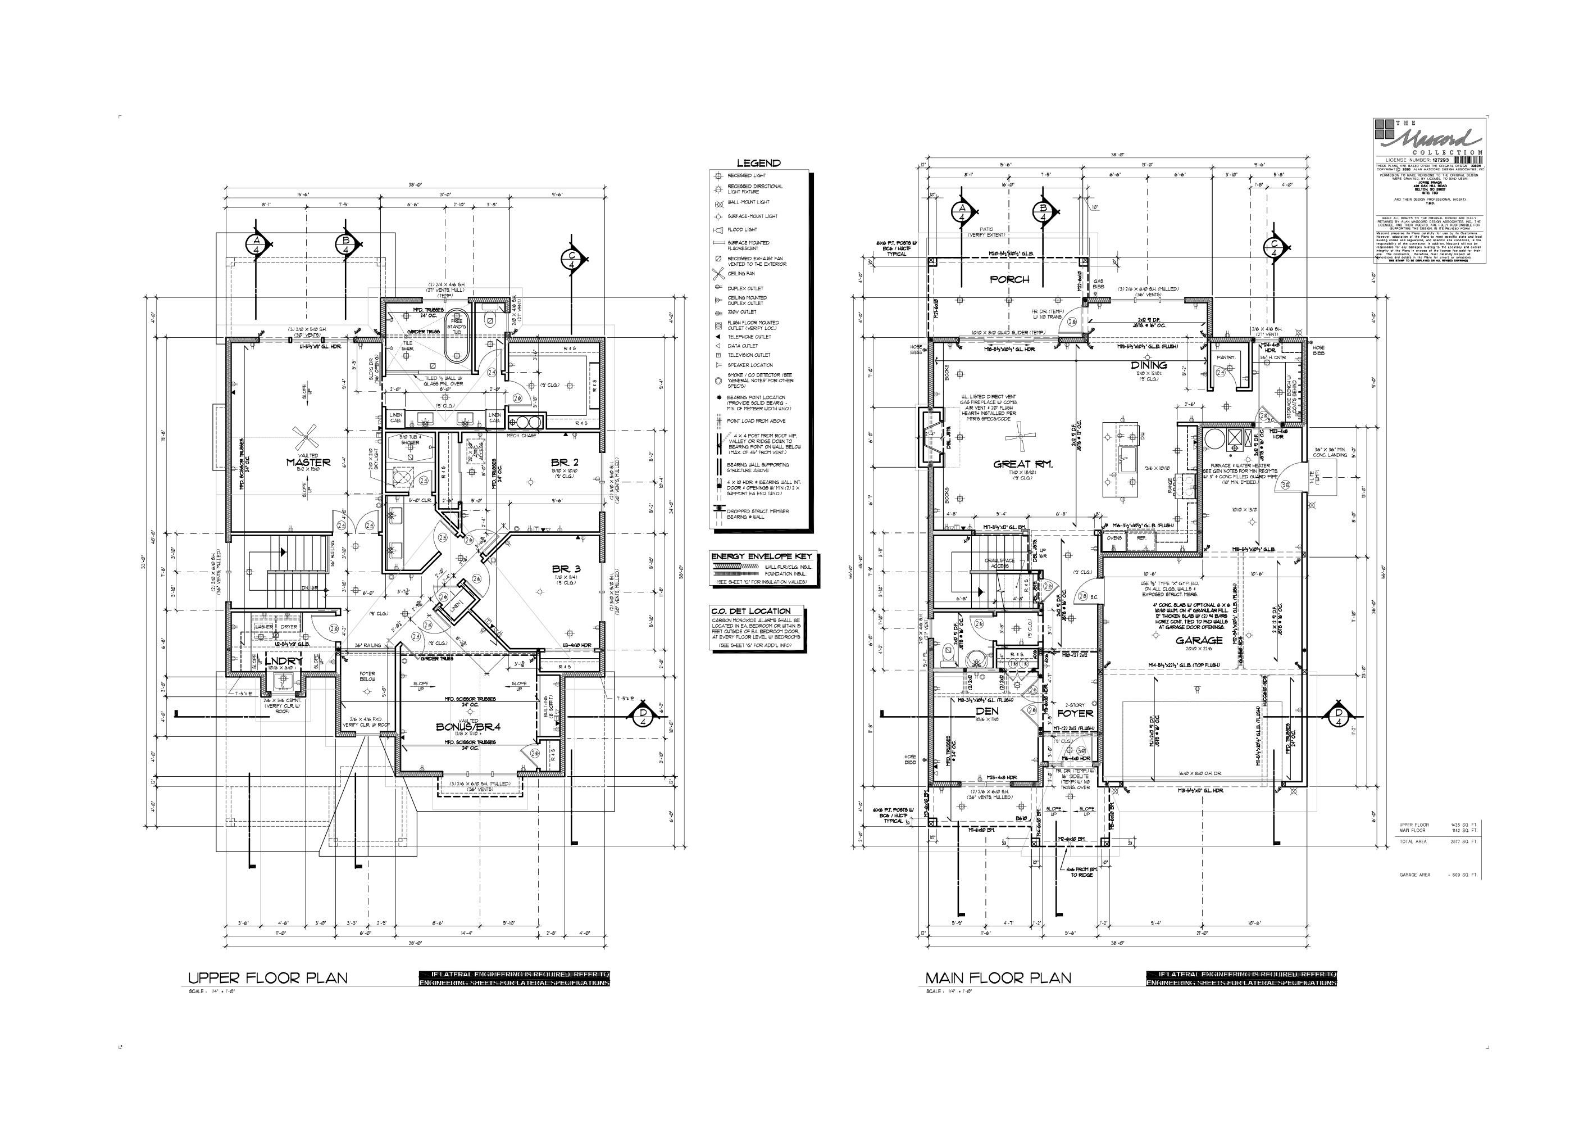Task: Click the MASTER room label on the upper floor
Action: [308, 462]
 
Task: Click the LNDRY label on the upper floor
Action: [283, 660]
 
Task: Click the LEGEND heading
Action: [758, 162]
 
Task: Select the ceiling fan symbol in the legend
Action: [717, 274]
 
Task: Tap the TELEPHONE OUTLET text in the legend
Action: [750, 337]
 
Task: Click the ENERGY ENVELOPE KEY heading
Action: [761, 556]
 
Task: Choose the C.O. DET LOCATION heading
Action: [750, 611]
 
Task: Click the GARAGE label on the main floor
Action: [1199, 640]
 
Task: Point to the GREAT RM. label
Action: [1023, 464]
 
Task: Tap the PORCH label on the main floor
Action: [1009, 279]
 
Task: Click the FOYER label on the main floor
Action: [1075, 713]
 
